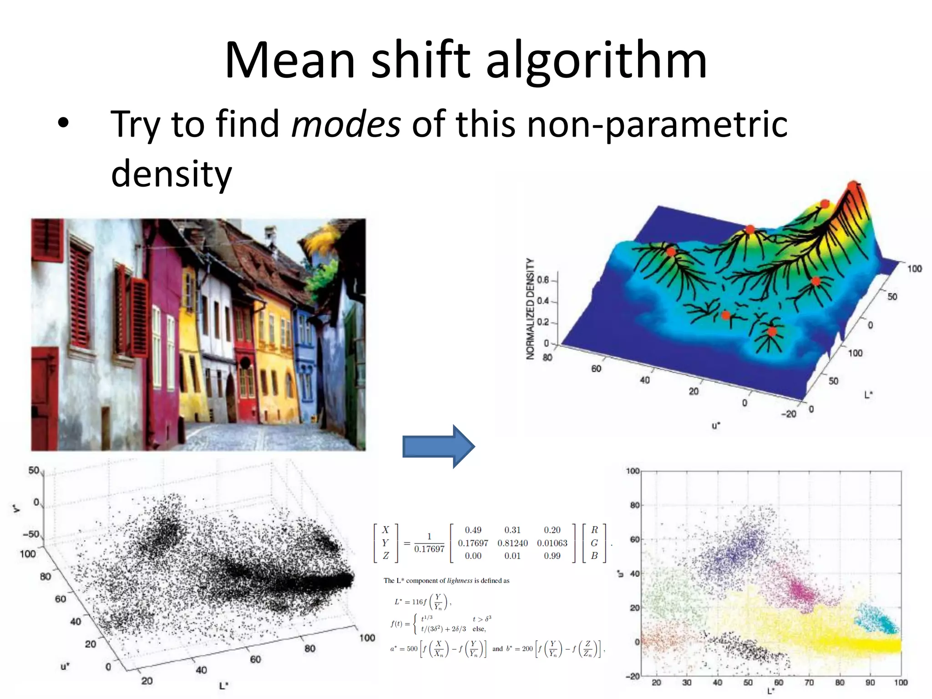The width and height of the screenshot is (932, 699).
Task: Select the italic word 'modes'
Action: pyautogui.click(x=346, y=124)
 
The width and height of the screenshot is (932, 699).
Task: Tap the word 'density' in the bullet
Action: pyautogui.click(x=172, y=174)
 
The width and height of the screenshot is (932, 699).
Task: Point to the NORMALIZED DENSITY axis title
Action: pyautogui.click(x=530, y=309)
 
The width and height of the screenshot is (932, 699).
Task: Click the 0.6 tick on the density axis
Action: pyautogui.click(x=543, y=279)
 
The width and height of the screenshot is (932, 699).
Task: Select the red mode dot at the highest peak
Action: pyautogui.click(x=852, y=186)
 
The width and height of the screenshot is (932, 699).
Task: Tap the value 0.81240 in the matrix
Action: pyautogui.click(x=512, y=543)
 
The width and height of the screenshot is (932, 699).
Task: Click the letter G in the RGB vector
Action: pyautogui.click(x=594, y=543)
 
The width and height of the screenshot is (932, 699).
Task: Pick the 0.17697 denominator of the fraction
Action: pyautogui.click(x=429, y=549)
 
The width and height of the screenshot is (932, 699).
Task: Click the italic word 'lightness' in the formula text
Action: pyautogui.click(x=460, y=581)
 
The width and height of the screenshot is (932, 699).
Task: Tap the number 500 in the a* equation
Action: pyautogui.click(x=412, y=649)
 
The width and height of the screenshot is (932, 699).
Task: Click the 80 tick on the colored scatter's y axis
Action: pyautogui.click(x=634, y=505)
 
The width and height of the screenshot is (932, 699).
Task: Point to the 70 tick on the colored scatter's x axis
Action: pyautogui.click(x=809, y=683)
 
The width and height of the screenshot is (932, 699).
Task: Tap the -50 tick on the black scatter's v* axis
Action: pyautogui.click(x=31, y=534)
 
